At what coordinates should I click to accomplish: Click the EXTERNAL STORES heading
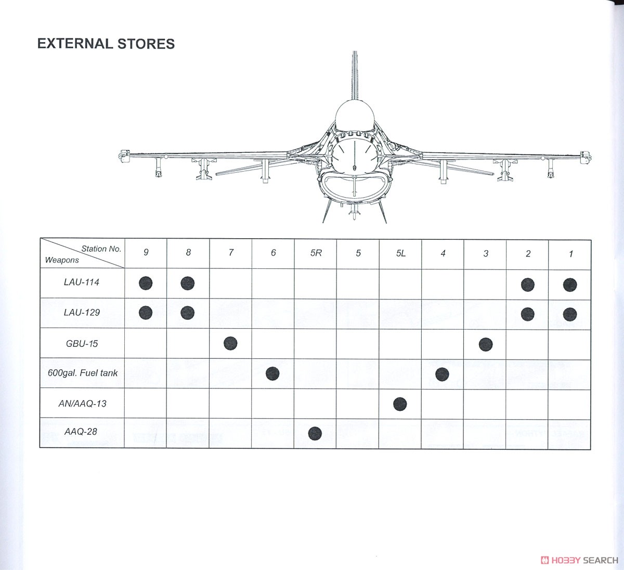106,44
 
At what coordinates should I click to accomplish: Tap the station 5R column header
316,253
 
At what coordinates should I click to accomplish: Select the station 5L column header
400,253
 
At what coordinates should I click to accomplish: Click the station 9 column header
146,252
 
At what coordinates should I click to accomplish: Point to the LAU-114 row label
81,282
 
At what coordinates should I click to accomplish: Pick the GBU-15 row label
82,344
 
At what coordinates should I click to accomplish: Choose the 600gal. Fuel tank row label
83,373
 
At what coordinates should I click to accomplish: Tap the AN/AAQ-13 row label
83,404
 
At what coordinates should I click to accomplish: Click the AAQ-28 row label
81,432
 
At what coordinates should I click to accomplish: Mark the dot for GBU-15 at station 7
230,343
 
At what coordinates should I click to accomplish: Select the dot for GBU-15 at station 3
486,344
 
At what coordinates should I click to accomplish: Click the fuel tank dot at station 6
272,373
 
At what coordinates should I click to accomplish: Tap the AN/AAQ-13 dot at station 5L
400,404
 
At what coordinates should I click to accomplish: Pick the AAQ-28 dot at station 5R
315,433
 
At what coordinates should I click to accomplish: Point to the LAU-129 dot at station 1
570,314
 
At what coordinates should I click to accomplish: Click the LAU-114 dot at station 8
188,283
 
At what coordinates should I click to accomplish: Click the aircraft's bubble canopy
355,115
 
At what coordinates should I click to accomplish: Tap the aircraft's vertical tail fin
355,75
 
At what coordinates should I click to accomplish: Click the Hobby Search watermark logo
579,560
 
